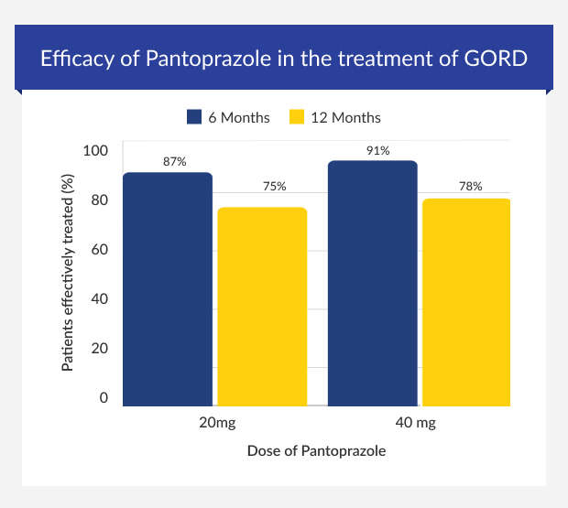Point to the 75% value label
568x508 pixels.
tap(275, 187)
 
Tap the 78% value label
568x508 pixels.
tap(470, 187)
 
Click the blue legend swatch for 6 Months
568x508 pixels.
tap(194, 117)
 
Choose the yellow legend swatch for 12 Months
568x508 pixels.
tap(296, 117)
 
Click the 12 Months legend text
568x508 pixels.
tap(344, 118)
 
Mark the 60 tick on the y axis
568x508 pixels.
tap(99, 250)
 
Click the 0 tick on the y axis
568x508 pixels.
tap(104, 398)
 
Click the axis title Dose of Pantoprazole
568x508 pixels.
tap(318, 451)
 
